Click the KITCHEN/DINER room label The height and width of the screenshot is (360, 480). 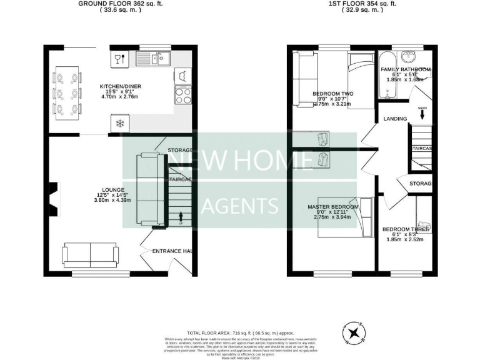119,87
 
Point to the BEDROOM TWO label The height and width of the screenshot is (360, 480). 333,94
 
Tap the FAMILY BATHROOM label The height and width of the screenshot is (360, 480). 406,69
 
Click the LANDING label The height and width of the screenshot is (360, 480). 395,118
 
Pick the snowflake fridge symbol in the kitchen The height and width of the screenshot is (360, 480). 119,123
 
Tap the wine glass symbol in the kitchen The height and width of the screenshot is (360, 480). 118,59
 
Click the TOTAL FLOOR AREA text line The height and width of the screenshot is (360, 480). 240,333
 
